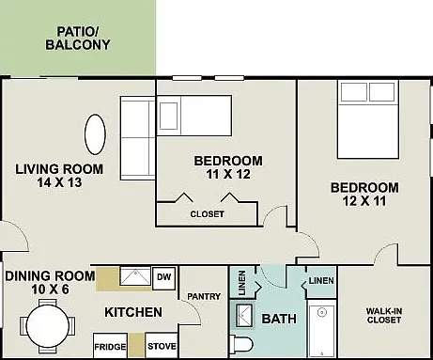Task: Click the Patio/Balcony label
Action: pos(78,39)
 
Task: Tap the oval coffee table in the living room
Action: pos(95,134)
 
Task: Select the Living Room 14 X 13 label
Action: pos(59,176)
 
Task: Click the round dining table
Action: pos(48,326)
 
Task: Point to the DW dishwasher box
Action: pos(163,278)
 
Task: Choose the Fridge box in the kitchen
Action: pos(110,346)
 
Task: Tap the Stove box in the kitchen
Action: pos(162,345)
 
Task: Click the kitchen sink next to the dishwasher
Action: pos(135,276)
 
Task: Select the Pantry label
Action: pos(204,296)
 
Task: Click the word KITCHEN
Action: pos(133,312)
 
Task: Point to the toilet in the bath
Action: pos(241,345)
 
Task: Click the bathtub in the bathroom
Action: pos(321,329)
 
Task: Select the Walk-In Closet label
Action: pos(384,316)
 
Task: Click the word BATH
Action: pos(279,319)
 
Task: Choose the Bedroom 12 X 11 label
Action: pos(364,195)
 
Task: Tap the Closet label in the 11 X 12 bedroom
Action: pos(207,214)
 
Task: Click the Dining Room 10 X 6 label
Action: pos(50,282)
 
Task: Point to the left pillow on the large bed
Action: pos(354,92)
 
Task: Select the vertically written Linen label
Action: pos(242,283)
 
